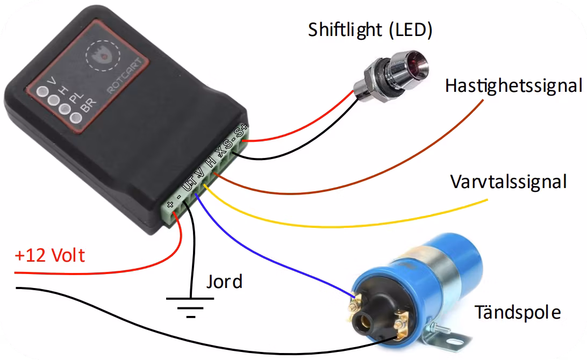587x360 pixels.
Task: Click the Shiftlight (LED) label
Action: [370, 30]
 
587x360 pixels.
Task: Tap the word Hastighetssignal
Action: [513, 86]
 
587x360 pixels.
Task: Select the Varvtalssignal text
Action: [508, 182]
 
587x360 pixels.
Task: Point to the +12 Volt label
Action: [49, 255]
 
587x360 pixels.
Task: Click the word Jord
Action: [224, 281]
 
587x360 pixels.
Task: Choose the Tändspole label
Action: [517, 312]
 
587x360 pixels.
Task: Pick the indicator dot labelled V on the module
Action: [41, 91]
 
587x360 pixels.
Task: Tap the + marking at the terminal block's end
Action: [170, 205]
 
